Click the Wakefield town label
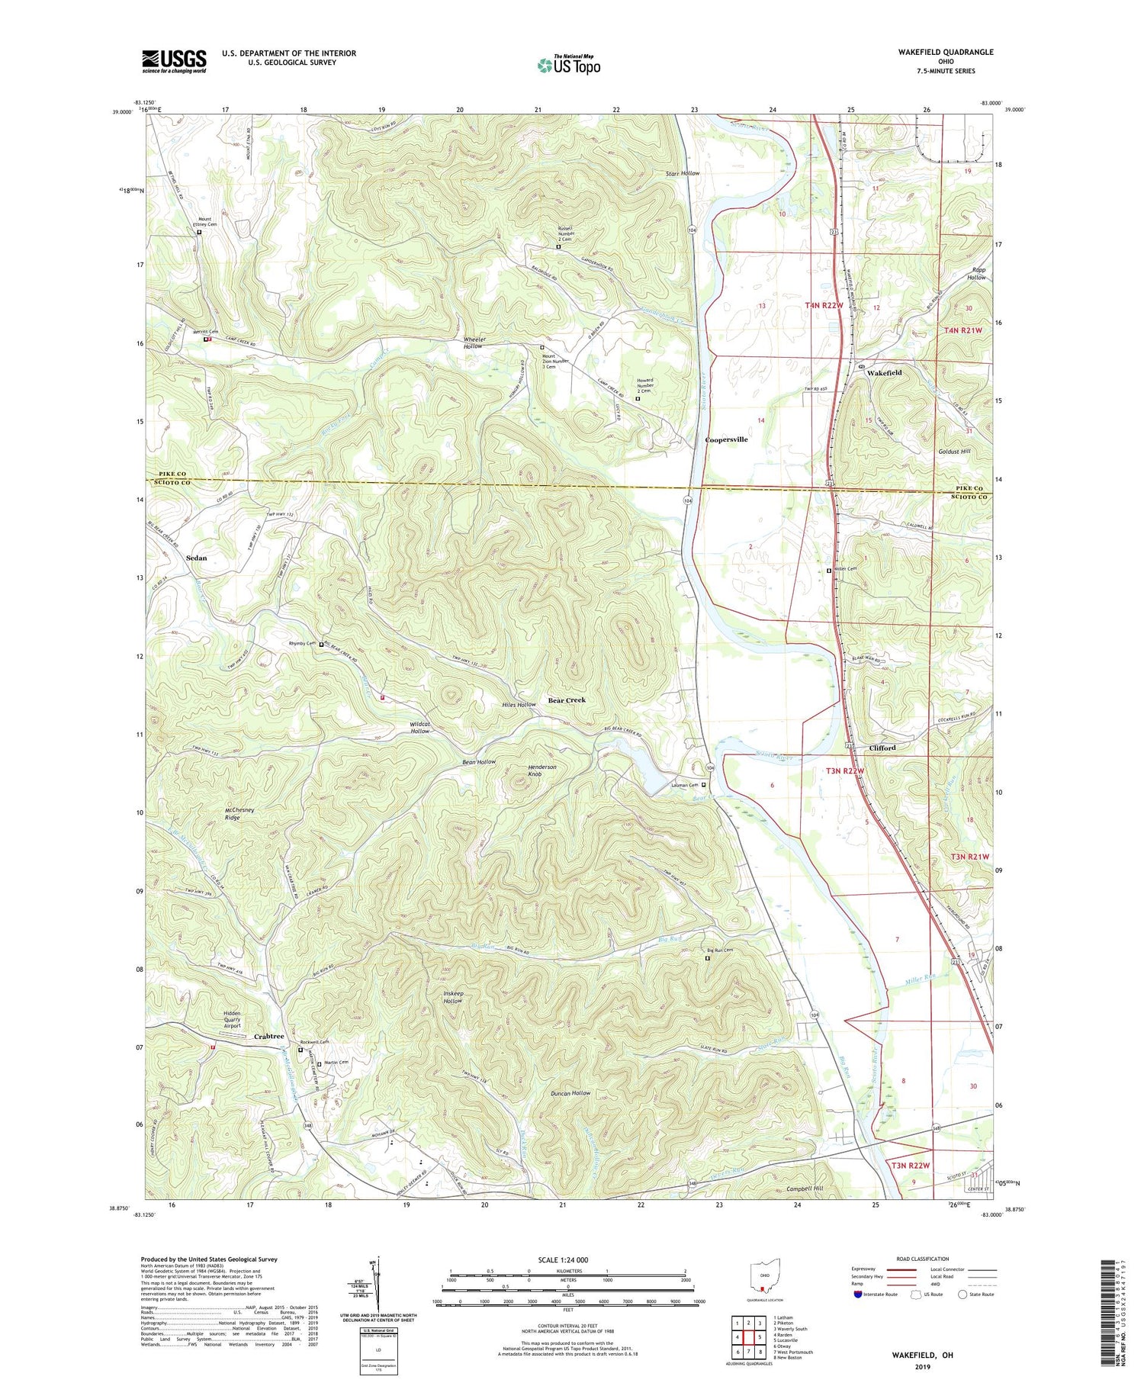[884, 373]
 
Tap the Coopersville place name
[726, 439]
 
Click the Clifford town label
[882, 748]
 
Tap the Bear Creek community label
[567, 700]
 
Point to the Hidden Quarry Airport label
[232, 1020]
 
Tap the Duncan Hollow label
[570, 1093]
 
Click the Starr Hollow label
[682, 174]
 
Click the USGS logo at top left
[174, 61]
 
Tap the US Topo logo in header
[568, 66]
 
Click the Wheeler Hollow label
[473, 343]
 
